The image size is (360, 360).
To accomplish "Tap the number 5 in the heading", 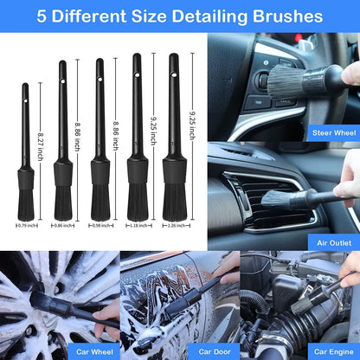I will point(43,16).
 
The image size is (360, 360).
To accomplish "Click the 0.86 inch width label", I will point(64,225).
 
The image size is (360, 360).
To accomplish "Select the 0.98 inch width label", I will point(100,225).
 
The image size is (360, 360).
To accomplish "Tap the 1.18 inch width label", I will point(138,225).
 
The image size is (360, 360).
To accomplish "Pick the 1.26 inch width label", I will point(175,225).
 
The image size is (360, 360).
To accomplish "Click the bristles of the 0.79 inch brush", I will point(26,202).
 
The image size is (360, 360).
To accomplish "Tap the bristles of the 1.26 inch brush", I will point(175,201).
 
